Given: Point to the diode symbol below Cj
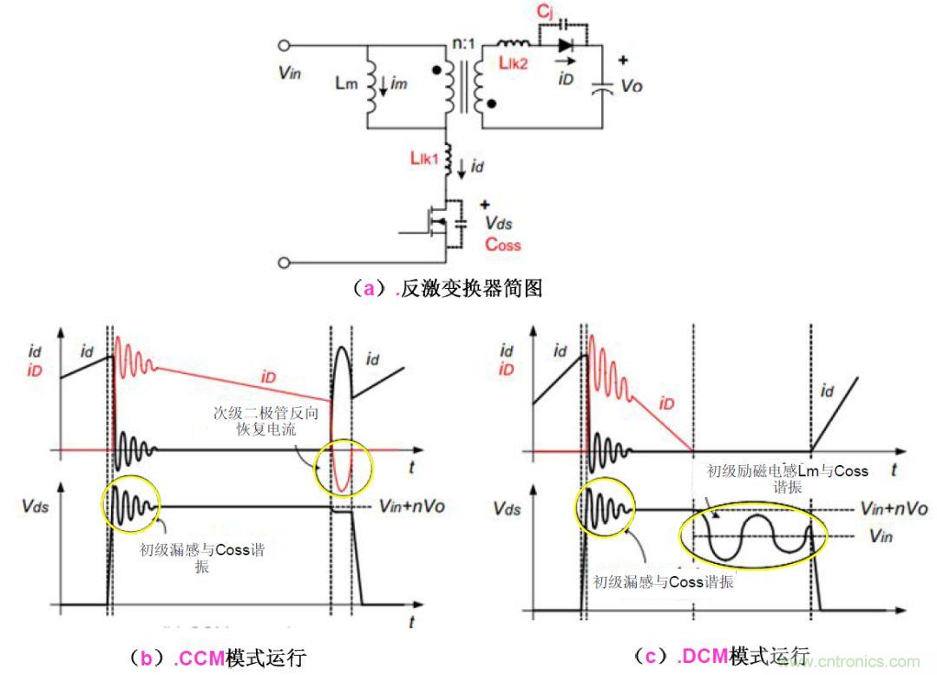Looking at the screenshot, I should pos(567,43).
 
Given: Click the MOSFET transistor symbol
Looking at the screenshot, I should pos(444,227).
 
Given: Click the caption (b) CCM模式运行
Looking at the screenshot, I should pos(223,658).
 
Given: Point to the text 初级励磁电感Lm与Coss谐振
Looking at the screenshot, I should pos(788,478).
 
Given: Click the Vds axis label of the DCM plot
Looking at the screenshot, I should pos(506,508).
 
